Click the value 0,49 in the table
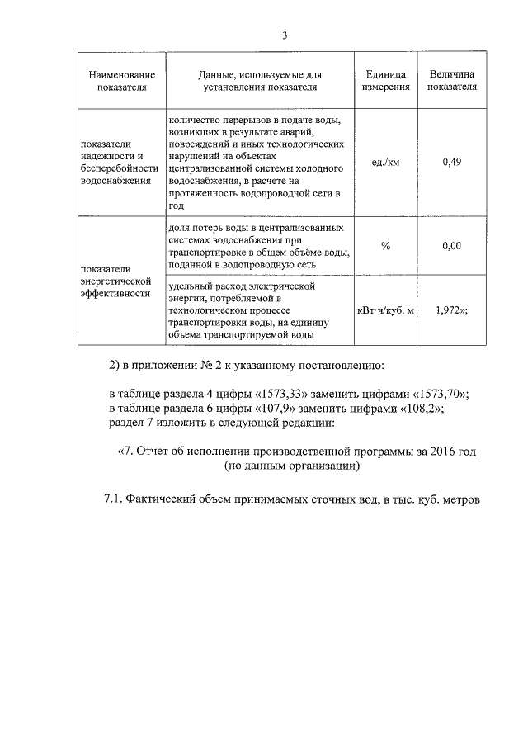(451, 162)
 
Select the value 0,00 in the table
(451, 246)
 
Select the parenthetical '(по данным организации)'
(292, 467)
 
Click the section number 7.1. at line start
(113, 500)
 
